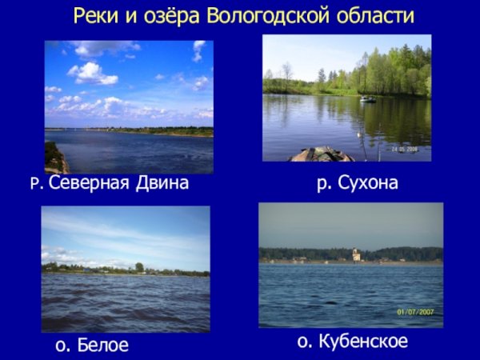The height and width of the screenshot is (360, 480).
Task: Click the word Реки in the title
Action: (94, 16)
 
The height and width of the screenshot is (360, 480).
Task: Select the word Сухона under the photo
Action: (368, 184)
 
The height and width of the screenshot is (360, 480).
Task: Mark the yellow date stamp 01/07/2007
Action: (414, 311)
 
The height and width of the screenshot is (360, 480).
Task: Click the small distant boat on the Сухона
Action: (367, 99)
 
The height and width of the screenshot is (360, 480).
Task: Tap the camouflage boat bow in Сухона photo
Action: (321, 154)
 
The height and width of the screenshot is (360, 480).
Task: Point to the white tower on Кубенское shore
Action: (357, 255)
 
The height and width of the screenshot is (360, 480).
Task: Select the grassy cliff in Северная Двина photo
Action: (54, 157)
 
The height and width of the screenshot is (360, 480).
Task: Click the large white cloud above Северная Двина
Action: (92, 74)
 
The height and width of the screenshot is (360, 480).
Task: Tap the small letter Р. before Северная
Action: (36, 184)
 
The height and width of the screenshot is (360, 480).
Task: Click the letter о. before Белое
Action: (62, 346)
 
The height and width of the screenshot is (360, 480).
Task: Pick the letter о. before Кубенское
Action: (304, 342)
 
